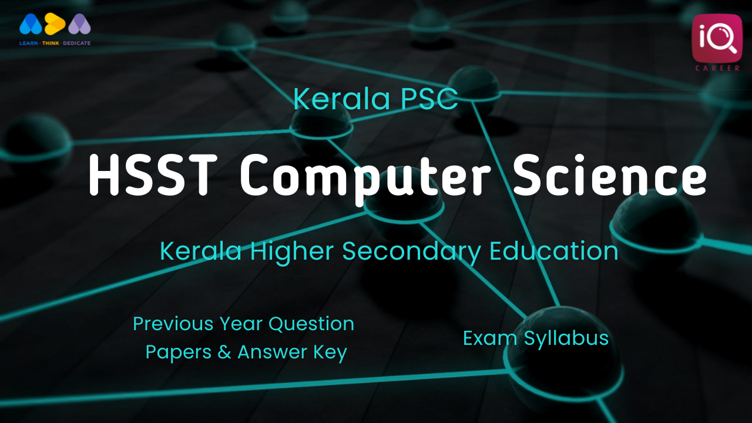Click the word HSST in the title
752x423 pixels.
[153, 175]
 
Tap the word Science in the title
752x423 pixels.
[610, 174]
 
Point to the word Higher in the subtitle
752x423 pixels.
[292, 253]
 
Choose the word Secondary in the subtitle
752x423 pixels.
[412, 253]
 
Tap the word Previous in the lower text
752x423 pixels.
[173, 324]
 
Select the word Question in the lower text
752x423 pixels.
[311, 324]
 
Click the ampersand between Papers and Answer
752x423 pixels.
[224, 352]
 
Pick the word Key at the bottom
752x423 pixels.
[330, 353]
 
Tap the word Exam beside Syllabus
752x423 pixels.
[490, 338]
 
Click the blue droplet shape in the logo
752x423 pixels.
[31, 24]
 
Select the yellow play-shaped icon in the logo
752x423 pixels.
[55, 24]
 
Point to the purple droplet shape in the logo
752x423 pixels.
[79, 24]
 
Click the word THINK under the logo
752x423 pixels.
[51, 43]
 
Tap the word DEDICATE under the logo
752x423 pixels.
[77, 43]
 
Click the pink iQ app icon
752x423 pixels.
[717, 38]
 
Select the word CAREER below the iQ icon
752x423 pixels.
[717, 68]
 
